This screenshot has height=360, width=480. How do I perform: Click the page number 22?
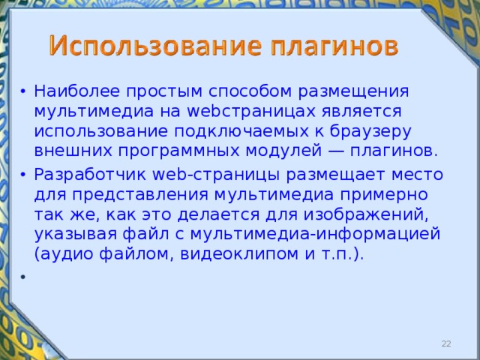[x=446, y=343]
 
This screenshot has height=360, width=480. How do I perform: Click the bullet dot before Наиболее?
[x=25, y=92]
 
